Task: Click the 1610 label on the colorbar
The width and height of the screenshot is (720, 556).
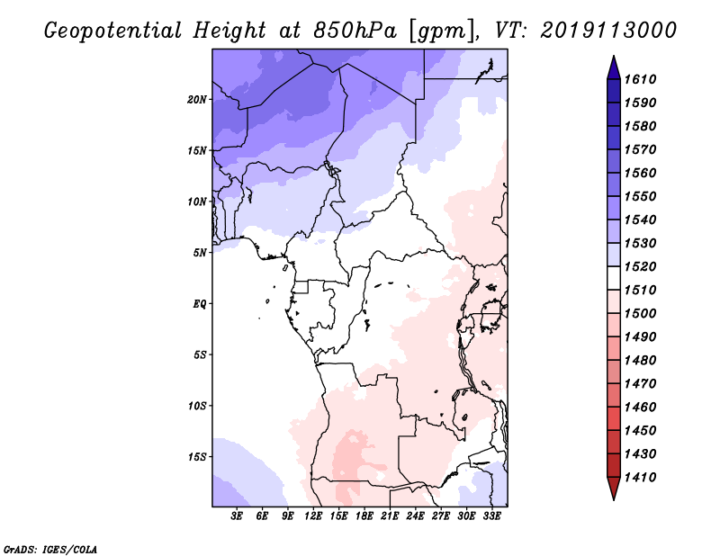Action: pos(644,79)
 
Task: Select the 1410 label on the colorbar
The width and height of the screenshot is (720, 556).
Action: pos(644,477)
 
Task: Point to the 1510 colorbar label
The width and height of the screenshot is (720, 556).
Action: pos(644,290)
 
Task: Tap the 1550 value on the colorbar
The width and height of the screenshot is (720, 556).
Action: pos(644,196)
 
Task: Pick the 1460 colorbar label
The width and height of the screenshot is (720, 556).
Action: pos(644,407)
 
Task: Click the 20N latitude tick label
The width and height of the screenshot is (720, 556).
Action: pos(197,99)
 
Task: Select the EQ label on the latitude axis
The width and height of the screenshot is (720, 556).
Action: pos(200,303)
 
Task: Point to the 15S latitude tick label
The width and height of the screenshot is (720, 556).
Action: pos(197,456)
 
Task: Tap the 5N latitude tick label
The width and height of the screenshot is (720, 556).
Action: pos(200,252)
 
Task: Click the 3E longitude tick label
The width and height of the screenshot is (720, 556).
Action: pos(238,516)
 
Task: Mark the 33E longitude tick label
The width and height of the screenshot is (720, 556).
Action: pos(491,516)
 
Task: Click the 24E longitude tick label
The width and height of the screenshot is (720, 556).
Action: pos(416,516)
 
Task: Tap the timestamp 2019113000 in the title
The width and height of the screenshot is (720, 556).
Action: pos(609,30)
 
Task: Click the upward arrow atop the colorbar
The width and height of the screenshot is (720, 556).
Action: pos(613,66)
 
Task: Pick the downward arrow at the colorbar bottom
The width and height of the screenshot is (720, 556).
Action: pos(613,489)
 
